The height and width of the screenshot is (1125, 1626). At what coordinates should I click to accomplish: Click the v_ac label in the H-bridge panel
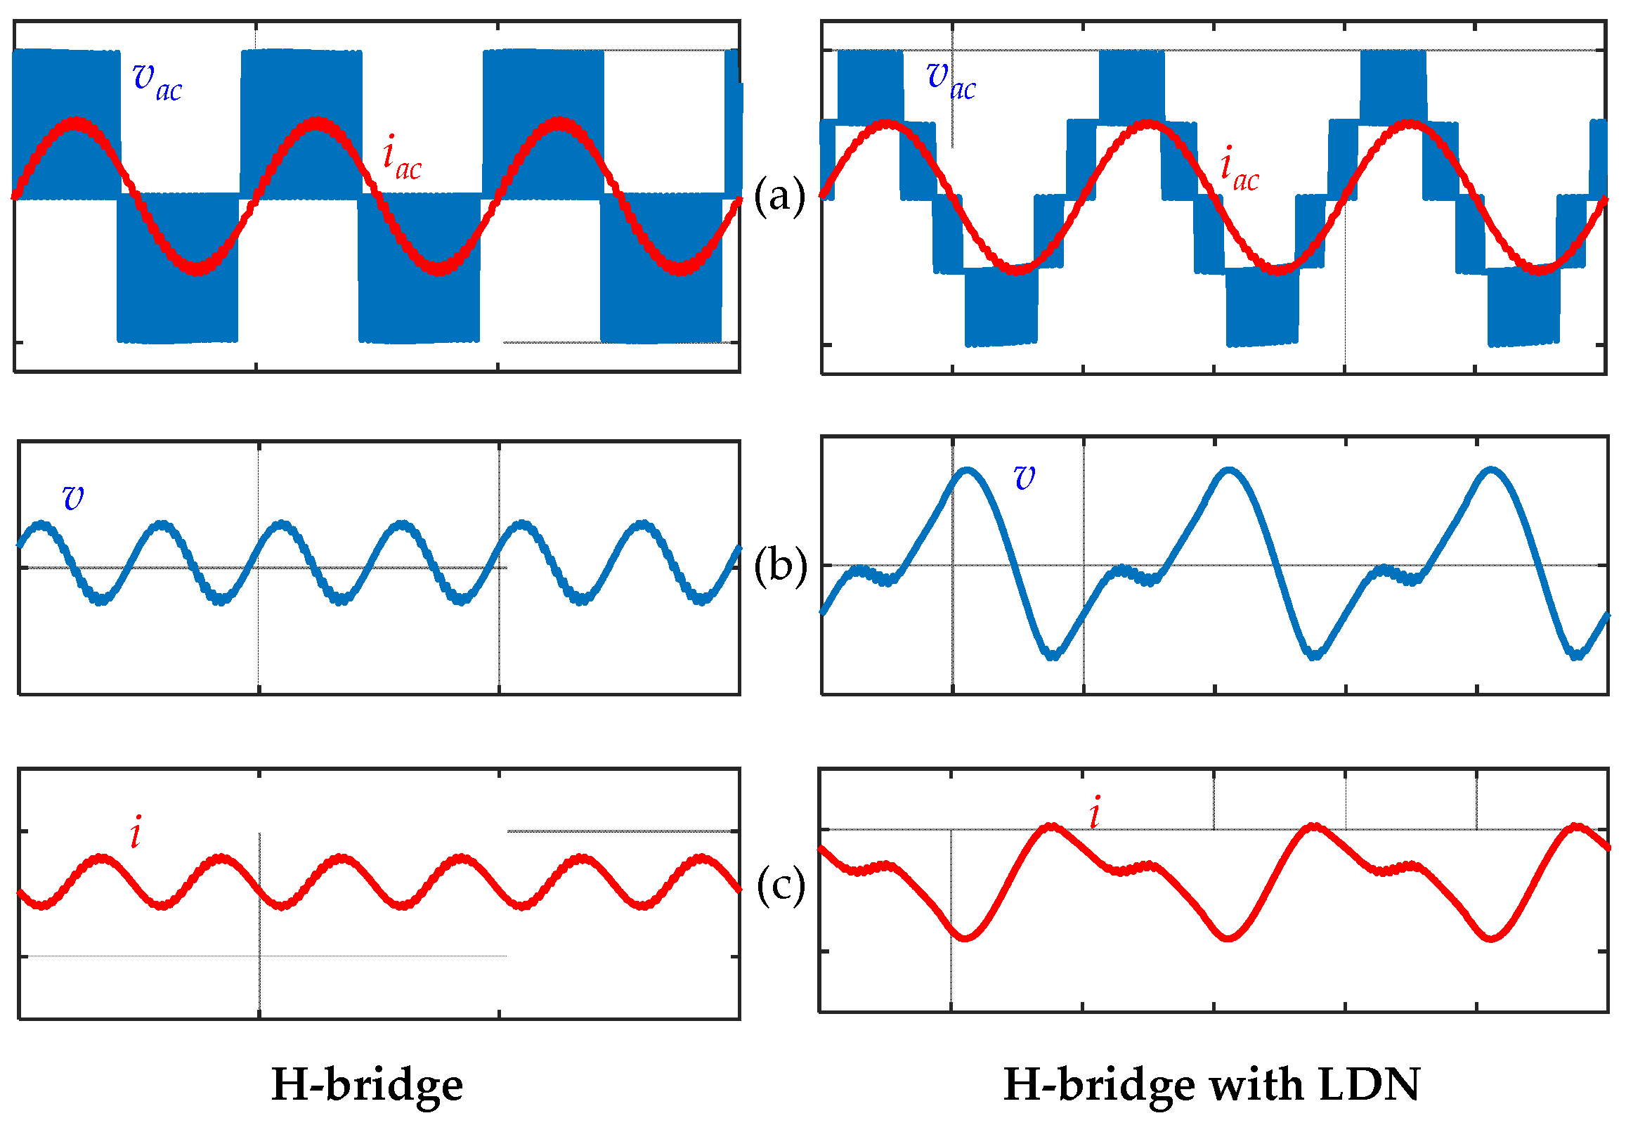(x=157, y=82)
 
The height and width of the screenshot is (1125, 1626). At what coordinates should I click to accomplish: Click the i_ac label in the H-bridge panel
(x=401, y=158)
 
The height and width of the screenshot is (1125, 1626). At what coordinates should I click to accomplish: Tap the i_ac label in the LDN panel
(x=1239, y=170)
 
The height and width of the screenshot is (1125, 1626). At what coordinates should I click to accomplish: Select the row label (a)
(x=779, y=195)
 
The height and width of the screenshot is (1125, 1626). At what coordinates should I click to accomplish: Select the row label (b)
(x=779, y=566)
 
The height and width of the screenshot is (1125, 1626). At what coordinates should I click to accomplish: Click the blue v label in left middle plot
(x=72, y=498)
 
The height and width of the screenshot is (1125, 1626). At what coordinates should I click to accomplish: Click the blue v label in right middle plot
(x=1023, y=477)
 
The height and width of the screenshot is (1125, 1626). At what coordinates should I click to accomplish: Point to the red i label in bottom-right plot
(x=1094, y=813)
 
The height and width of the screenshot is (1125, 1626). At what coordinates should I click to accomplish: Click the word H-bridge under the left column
(x=368, y=1085)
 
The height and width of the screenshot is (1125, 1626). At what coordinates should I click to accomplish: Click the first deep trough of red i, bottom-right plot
(x=964, y=937)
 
